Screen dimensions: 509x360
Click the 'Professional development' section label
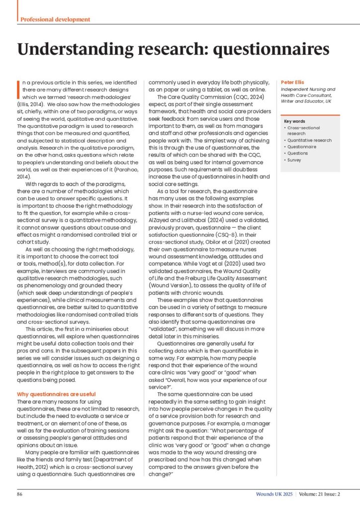55,19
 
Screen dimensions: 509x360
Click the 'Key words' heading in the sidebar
294,121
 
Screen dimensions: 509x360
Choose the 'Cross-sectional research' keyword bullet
304,131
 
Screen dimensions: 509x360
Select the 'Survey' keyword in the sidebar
294,160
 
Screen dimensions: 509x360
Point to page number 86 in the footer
20,494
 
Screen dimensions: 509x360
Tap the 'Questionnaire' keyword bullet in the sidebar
301,147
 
